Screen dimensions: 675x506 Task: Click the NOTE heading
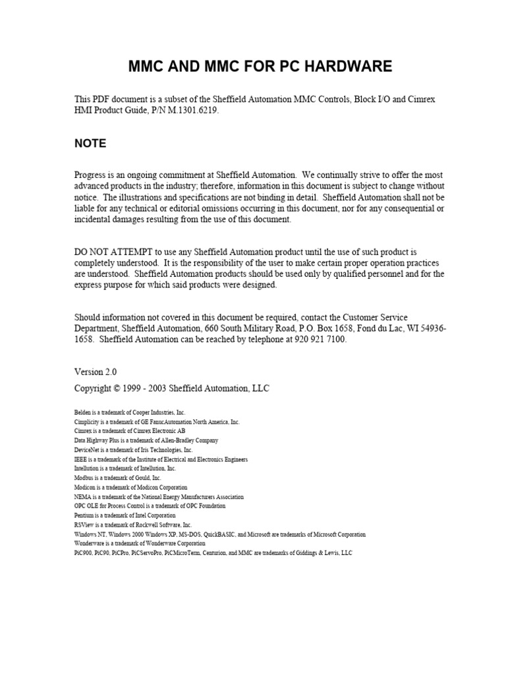click(90, 144)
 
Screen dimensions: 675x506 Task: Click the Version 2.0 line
click(96, 372)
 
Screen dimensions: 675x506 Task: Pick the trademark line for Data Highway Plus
click(146, 440)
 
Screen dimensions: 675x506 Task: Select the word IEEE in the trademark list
click(81, 459)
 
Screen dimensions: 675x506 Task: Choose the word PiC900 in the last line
click(83, 553)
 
